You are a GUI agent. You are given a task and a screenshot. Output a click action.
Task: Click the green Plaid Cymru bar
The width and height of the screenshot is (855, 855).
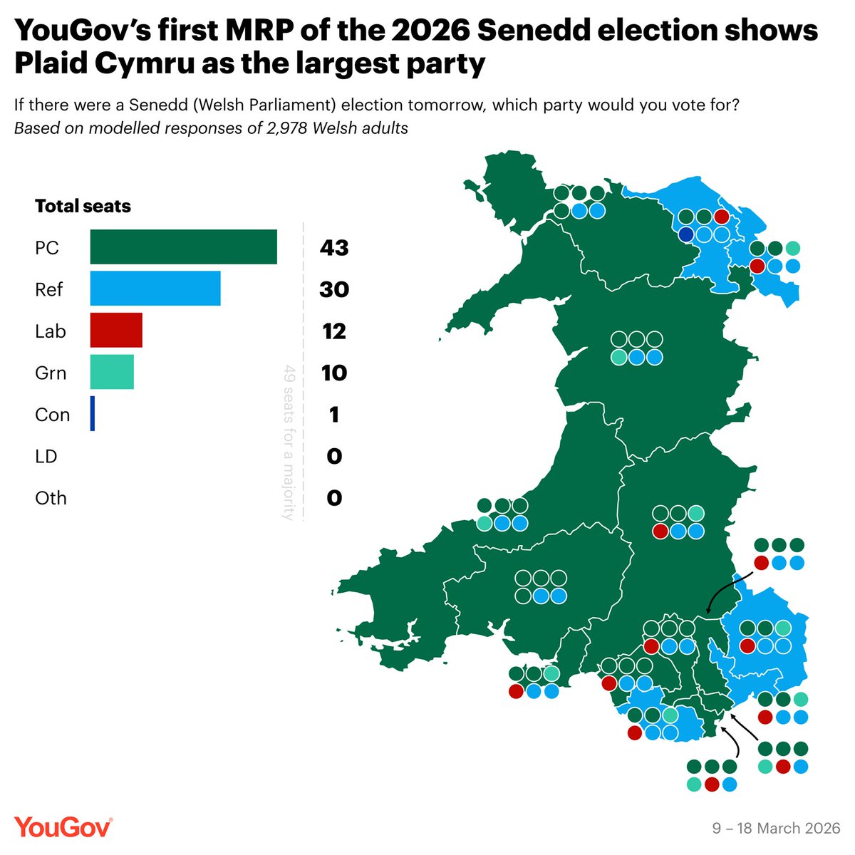(183, 247)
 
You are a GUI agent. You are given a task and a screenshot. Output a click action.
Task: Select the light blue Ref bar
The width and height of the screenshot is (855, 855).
(155, 289)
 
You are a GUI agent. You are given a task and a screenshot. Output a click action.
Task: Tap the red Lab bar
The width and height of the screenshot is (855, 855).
(116, 331)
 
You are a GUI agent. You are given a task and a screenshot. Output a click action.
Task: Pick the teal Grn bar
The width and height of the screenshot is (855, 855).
(112, 372)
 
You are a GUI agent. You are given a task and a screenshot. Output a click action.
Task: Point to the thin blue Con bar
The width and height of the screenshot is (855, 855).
(93, 414)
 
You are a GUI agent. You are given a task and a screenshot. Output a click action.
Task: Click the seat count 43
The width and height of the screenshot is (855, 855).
(333, 248)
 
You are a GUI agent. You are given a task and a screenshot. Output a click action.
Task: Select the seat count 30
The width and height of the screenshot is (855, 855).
(333, 289)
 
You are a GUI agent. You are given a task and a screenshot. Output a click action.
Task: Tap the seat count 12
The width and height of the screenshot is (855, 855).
(333, 331)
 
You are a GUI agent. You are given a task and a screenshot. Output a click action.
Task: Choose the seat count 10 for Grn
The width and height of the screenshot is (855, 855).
(333, 373)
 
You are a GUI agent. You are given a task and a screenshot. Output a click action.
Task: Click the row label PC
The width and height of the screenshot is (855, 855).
(47, 248)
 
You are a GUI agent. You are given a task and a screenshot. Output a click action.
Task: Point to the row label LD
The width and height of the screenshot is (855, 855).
(46, 456)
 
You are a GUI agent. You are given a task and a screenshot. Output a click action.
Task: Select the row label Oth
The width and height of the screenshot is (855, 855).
(51, 497)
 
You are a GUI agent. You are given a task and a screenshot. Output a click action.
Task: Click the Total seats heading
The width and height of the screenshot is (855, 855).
(83, 207)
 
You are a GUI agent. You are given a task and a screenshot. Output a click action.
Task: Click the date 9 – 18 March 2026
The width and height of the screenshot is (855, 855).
(777, 829)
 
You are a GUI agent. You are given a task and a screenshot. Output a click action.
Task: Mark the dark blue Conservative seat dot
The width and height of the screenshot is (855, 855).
(686, 234)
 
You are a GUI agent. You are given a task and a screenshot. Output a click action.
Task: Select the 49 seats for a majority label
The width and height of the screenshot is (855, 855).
(289, 442)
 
